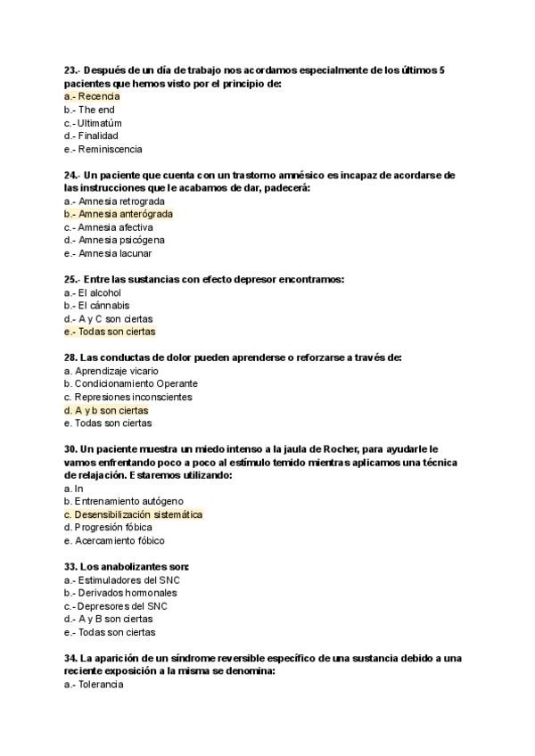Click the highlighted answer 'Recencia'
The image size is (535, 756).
(x=98, y=96)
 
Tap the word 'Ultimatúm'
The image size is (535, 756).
(x=99, y=123)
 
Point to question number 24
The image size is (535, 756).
(x=72, y=175)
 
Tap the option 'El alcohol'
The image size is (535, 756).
(x=99, y=292)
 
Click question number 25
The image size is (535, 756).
(x=72, y=279)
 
